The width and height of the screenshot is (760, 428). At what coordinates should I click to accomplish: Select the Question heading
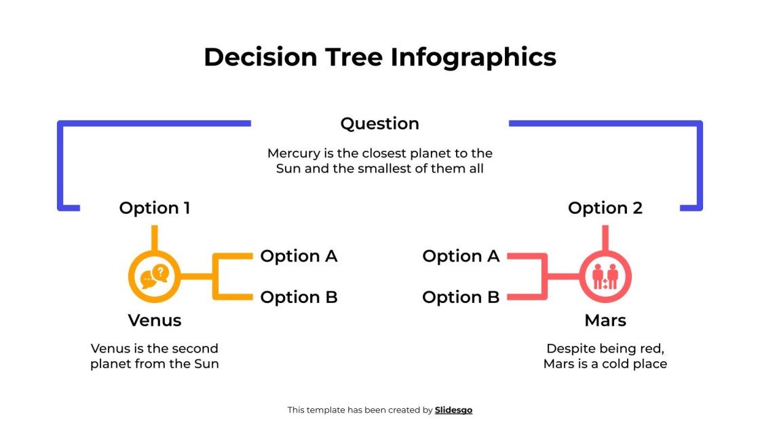(x=379, y=124)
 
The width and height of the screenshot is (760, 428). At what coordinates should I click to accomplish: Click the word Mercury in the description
(x=292, y=154)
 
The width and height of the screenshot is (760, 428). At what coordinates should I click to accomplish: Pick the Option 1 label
(x=154, y=208)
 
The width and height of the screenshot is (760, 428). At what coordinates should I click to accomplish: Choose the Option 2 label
(x=605, y=208)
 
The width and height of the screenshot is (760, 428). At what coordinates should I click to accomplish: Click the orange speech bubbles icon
(x=154, y=276)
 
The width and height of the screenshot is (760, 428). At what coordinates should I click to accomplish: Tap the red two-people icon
(x=605, y=277)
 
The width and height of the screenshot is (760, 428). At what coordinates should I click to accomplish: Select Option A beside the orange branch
(x=299, y=256)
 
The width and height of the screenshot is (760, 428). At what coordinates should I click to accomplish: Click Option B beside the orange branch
(x=299, y=297)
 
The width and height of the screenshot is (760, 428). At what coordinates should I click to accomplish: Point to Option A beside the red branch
(x=461, y=256)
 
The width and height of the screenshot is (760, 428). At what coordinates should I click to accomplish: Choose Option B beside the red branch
(x=461, y=297)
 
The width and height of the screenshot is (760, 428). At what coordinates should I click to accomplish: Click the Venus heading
(x=155, y=320)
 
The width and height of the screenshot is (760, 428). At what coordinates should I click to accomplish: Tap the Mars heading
(x=605, y=320)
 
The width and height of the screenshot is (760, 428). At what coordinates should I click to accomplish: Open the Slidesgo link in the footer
(x=453, y=410)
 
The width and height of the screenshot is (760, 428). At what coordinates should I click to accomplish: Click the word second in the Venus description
(x=194, y=349)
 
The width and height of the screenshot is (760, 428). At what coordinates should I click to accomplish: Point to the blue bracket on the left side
(x=60, y=163)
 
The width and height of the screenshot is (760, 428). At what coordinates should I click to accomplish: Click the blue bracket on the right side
(x=700, y=163)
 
